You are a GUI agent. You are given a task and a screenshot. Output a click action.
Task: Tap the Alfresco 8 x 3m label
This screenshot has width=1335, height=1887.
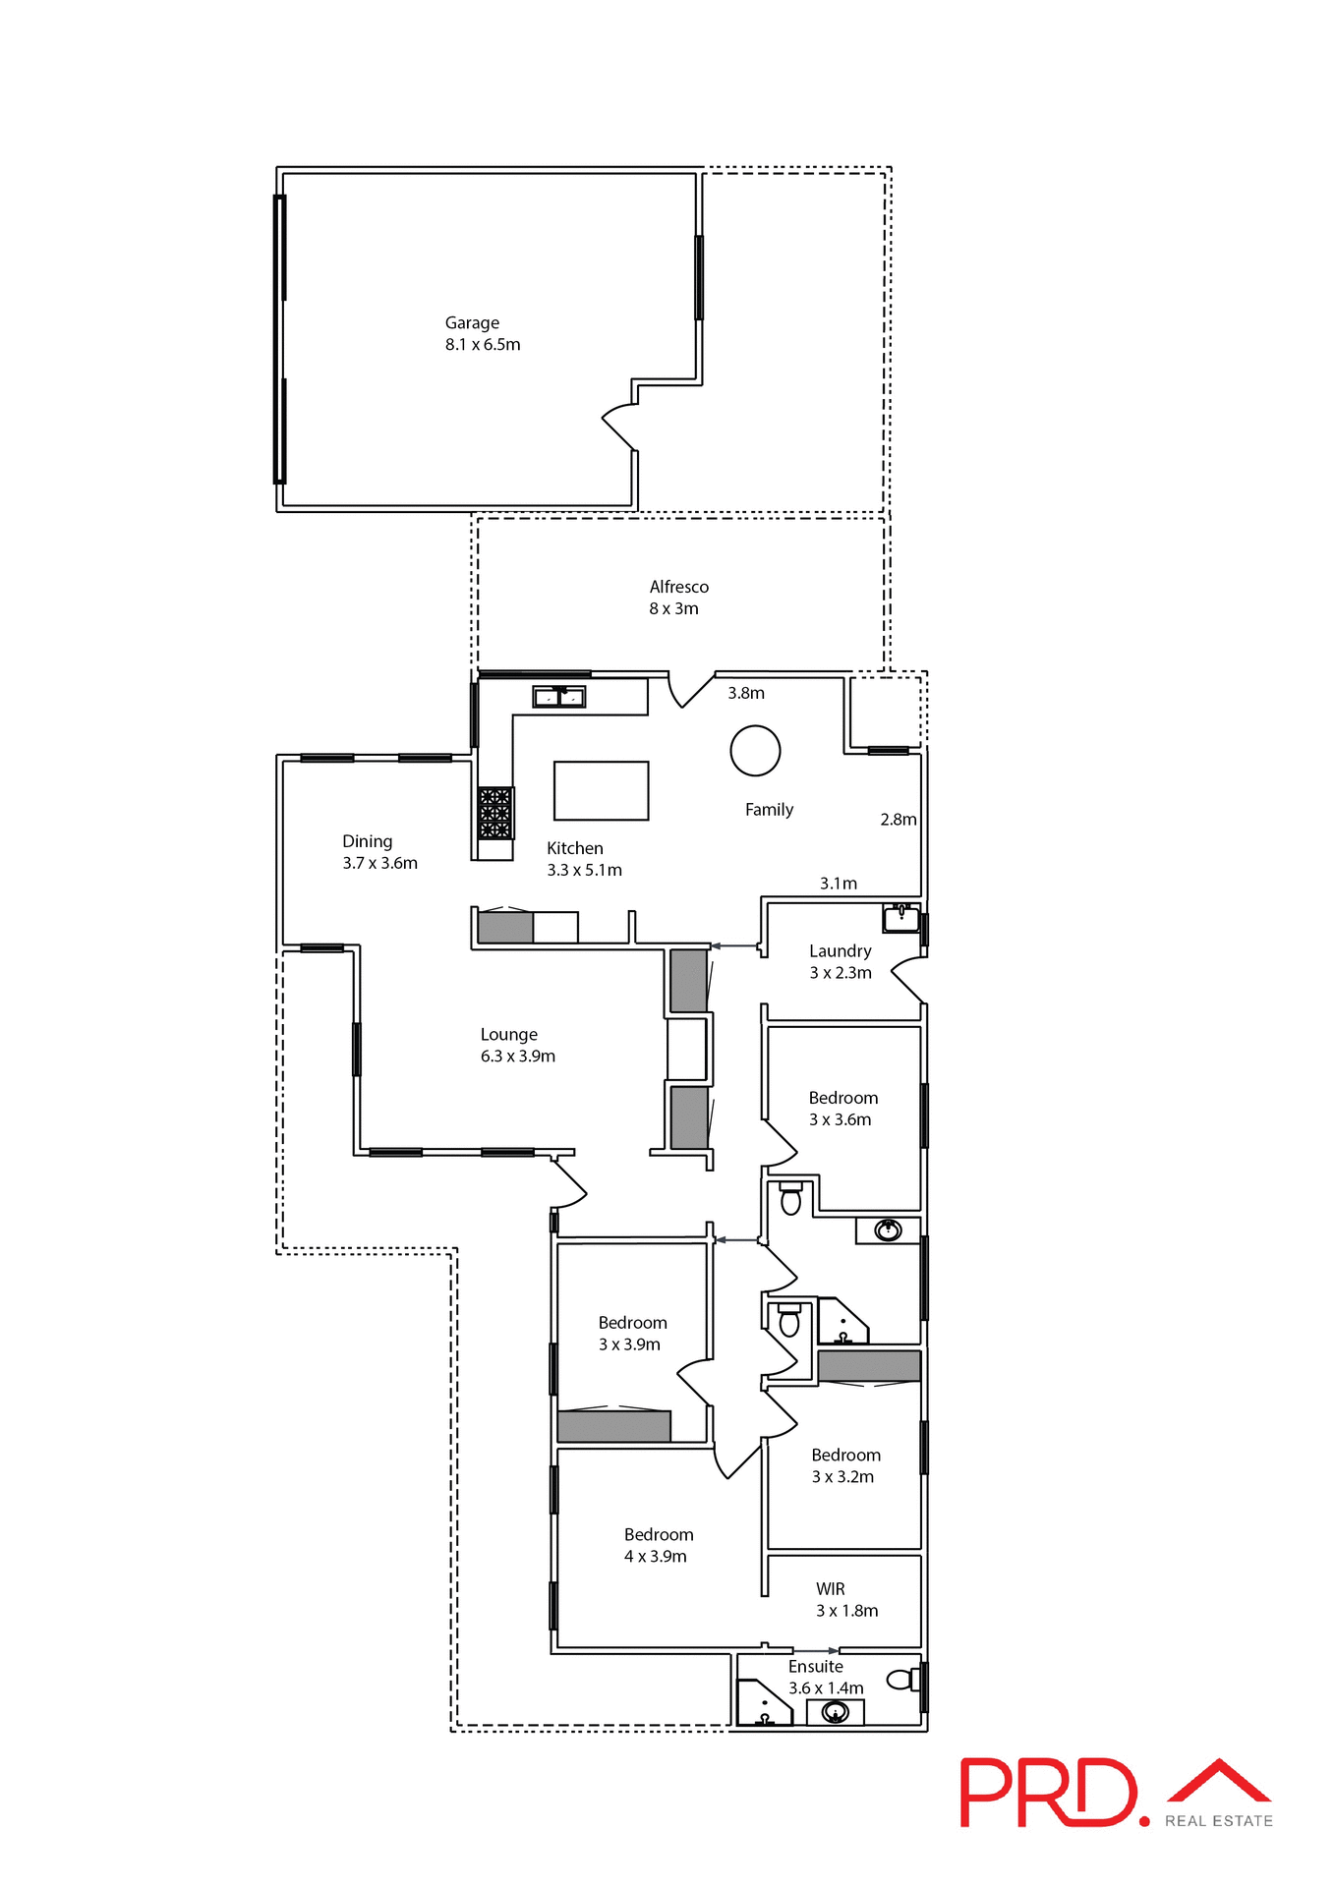(x=678, y=597)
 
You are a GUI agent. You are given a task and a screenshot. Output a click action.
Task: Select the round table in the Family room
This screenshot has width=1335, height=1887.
(x=755, y=751)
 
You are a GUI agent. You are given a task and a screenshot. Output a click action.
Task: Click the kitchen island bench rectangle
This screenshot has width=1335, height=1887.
(x=601, y=790)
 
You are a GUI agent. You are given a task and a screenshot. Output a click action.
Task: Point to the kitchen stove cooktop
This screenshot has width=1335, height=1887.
(x=494, y=813)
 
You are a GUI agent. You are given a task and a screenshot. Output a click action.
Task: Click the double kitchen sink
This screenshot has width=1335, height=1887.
(x=558, y=697)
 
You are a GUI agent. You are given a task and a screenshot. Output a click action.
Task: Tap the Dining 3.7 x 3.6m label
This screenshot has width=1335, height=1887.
(x=379, y=851)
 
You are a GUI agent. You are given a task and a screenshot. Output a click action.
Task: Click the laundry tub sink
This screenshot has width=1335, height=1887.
(x=900, y=918)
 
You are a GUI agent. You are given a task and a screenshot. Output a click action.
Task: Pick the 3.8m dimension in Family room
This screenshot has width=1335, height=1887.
(x=746, y=693)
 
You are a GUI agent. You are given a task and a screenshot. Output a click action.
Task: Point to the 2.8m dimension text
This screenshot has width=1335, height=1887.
(x=898, y=819)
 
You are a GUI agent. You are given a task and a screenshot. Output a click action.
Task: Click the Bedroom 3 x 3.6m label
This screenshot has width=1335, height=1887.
(x=842, y=1108)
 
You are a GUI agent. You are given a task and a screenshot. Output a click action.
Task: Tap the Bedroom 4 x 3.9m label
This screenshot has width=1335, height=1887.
(x=658, y=1545)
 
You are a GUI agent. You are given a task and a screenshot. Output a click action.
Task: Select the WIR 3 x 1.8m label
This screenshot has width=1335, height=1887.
(x=845, y=1599)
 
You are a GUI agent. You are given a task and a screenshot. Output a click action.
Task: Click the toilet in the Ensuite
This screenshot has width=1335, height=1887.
(x=900, y=1680)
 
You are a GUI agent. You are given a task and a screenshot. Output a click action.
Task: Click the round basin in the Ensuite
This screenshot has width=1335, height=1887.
(x=835, y=1713)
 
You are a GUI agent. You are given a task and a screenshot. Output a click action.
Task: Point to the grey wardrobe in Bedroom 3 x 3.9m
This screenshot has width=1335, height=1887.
(x=613, y=1426)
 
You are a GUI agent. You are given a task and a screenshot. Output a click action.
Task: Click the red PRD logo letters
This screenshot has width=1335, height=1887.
(x=1046, y=1793)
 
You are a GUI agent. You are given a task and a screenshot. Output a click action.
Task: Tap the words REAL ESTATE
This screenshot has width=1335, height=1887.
(x=1218, y=1821)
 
